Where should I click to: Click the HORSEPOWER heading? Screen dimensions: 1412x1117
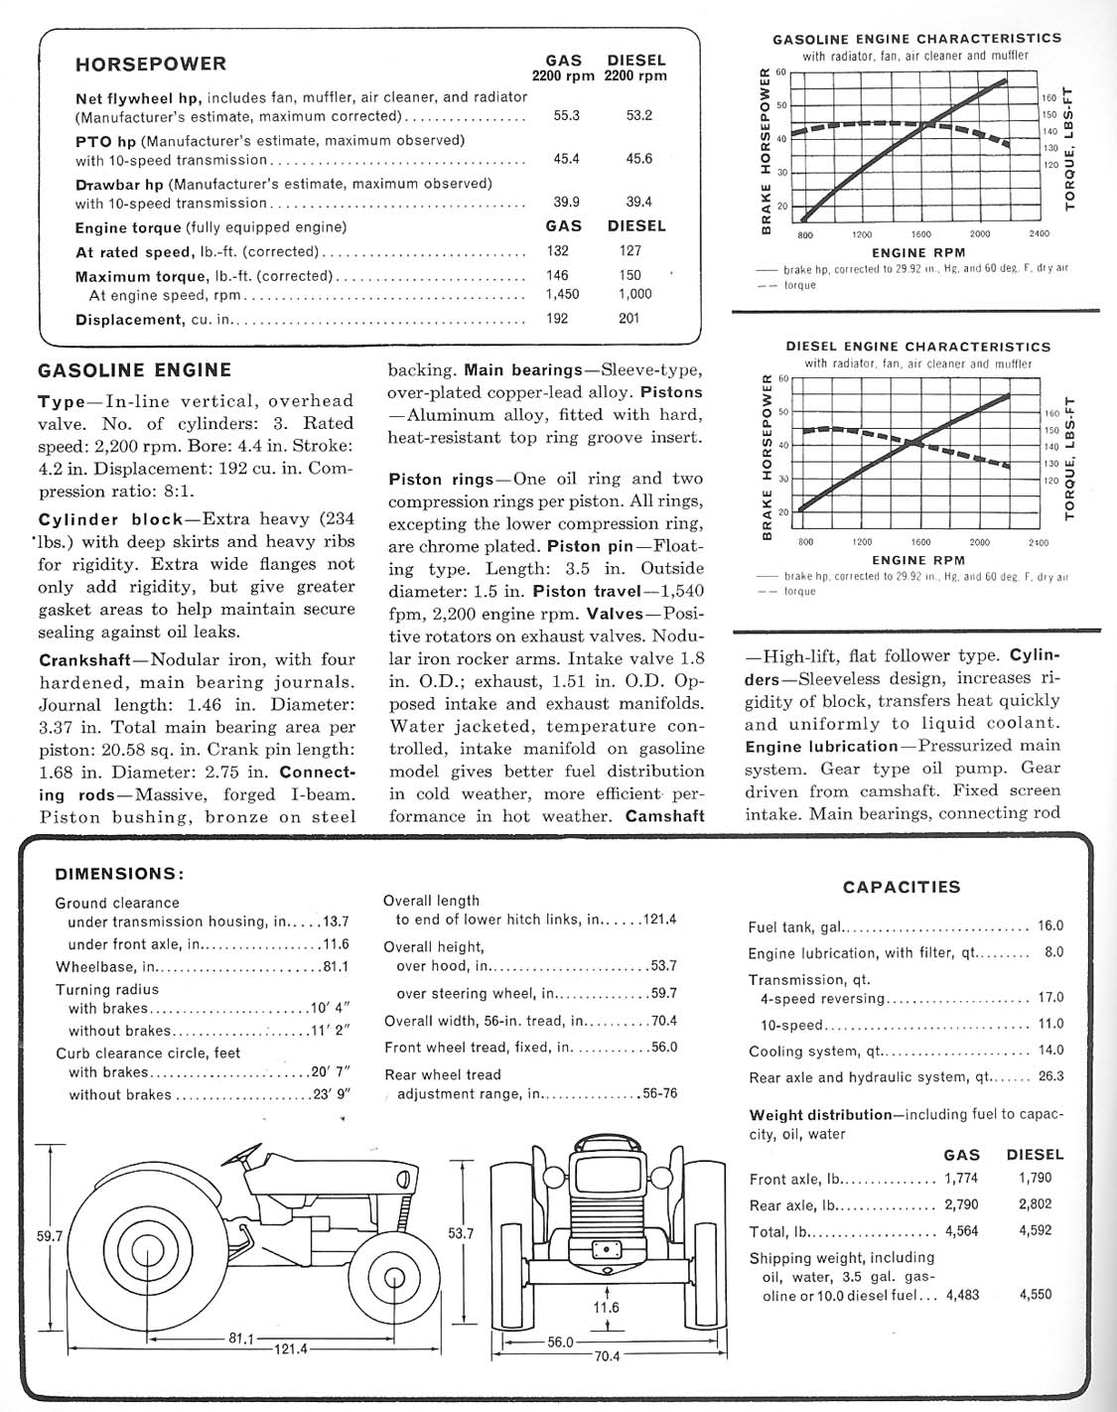151,65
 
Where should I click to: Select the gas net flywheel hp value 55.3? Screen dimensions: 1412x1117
566,115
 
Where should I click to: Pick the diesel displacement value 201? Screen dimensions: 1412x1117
628,319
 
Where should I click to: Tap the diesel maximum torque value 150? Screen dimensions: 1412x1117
629,275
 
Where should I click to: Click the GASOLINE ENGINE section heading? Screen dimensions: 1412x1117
134,370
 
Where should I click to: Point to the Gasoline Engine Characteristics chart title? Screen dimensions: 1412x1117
916,39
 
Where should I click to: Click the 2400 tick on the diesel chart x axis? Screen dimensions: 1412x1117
1038,543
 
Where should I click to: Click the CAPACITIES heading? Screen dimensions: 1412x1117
902,887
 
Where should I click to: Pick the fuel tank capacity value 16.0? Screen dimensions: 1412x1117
1049,925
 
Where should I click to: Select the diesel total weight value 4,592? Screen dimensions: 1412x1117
1035,1231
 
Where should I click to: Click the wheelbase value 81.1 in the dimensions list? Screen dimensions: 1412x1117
335,967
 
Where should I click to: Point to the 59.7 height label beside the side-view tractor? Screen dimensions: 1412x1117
50,1236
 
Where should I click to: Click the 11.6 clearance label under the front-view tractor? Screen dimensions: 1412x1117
606,1308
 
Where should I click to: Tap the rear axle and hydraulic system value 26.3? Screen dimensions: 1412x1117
1049,1076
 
